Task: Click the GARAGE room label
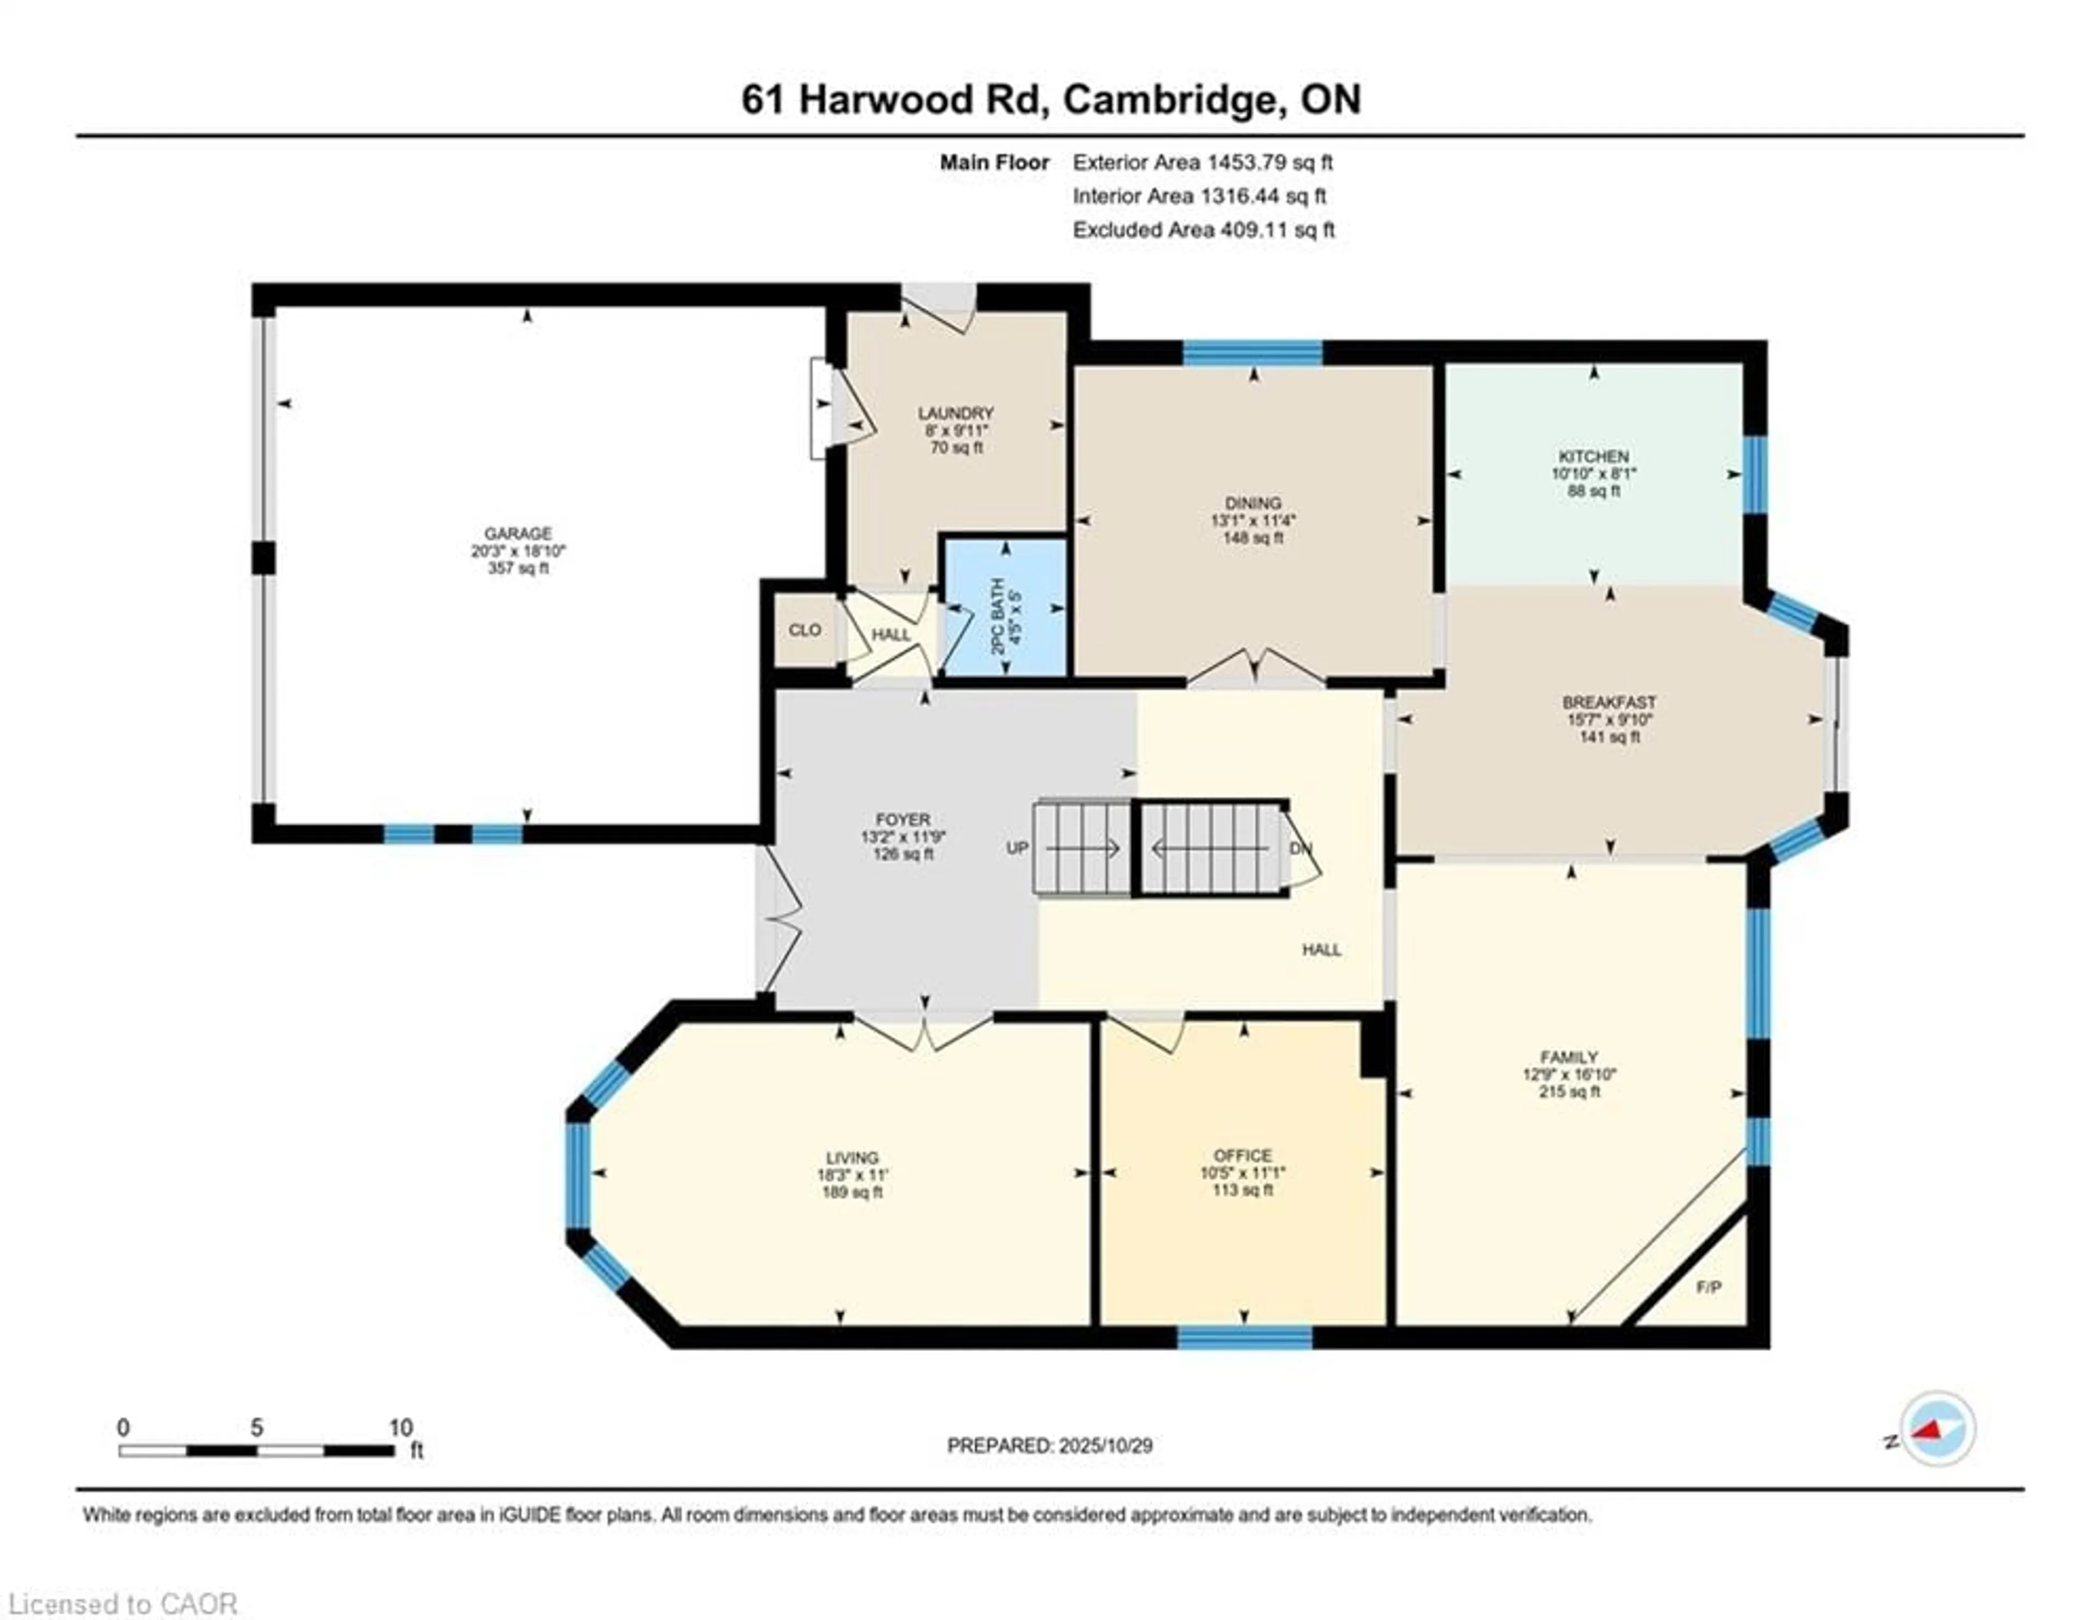[x=518, y=533]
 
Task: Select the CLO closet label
[x=805, y=630]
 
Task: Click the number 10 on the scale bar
[x=401, y=1428]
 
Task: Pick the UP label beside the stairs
[x=1017, y=848]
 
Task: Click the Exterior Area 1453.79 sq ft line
[x=1203, y=162]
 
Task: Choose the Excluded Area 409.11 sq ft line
[x=1203, y=230]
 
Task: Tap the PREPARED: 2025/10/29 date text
[x=1049, y=1445]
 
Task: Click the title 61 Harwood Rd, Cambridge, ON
[x=1051, y=100]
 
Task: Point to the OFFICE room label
[x=1242, y=1155]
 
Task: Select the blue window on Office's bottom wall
[x=1245, y=1336]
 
